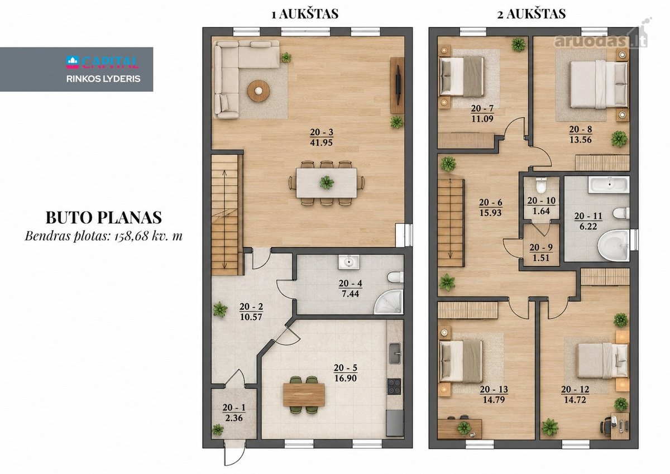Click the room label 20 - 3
click(x=322, y=132)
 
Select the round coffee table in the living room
click(x=259, y=91)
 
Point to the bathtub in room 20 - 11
click(x=609, y=184)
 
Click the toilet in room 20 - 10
click(x=541, y=186)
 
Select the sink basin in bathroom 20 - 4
click(x=349, y=262)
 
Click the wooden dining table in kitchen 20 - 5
click(x=304, y=395)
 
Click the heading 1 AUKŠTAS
click(x=305, y=14)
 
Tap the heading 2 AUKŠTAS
click(x=531, y=14)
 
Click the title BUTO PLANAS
click(x=104, y=218)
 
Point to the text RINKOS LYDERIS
click(x=103, y=79)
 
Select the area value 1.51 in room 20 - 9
click(x=541, y=258)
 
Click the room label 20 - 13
click(x=494, y=389)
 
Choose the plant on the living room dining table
click(x=327, y=182)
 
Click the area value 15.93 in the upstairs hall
click(x=491, y=213)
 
